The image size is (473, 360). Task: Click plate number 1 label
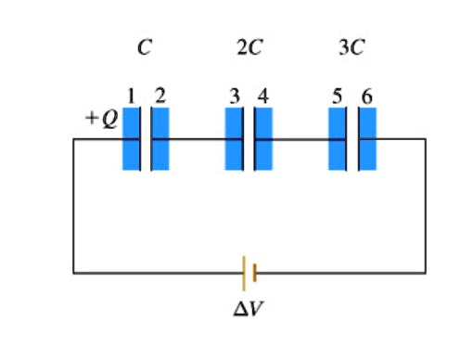[x=132, y=95]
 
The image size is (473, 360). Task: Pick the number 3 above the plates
[x=235, y=95]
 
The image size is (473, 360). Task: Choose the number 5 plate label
[x=338, y=95]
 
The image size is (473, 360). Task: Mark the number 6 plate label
[x=367, y=95]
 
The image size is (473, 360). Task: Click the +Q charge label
[x=102, y=120]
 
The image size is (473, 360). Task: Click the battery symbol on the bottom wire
[x=248, y=273]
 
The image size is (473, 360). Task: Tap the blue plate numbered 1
[x=131, y=139]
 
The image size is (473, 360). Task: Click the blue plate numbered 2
[x=160, y=139]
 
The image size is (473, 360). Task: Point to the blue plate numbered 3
[x=234, y=139]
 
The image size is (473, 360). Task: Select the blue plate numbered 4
[x=264, y=139]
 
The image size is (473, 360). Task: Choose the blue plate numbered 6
[x=368, y=139]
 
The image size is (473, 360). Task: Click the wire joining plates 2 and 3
[x=197, y=139]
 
